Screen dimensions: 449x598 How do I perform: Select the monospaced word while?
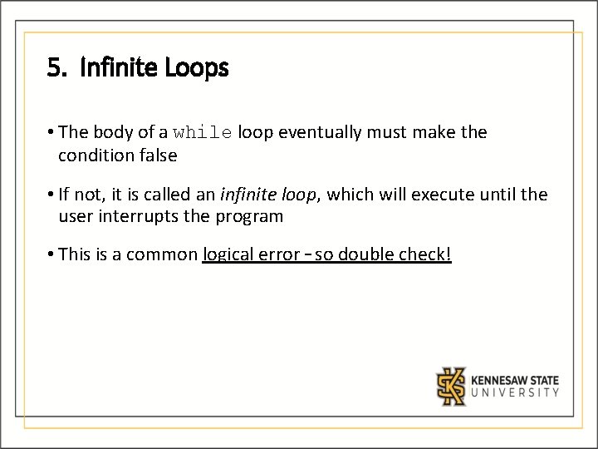(x=203, y=132)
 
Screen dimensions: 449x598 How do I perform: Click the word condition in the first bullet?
(x=94, y=155)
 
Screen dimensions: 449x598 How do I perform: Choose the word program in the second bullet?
(x=252, y=217)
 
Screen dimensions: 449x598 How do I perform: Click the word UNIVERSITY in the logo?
(x=515, y=393)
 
